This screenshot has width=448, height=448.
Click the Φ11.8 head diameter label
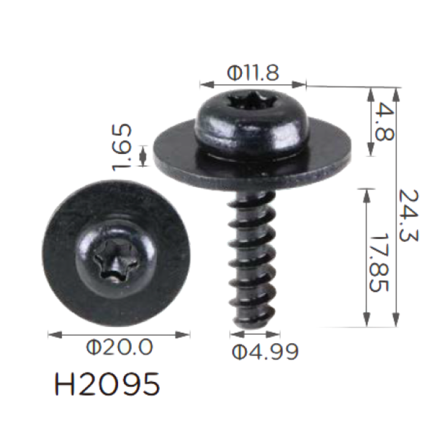tap(253, 73)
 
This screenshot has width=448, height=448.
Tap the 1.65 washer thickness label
tap(122, 147)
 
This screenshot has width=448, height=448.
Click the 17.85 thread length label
tap(379, 263)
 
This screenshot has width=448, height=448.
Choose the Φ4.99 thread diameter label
tap(265, 352)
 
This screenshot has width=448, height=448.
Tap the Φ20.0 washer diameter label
tap(119, 347)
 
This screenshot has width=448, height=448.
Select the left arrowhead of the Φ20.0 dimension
tap(55, 334)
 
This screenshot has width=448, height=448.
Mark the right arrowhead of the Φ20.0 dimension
tap(183, 334)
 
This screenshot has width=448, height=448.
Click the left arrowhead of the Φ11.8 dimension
tap(207, 85)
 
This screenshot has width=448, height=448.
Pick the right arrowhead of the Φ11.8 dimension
tap(299, 85)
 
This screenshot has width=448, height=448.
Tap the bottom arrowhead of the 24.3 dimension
tap(396, 319)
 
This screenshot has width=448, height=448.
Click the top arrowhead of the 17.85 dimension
tap(367, 196)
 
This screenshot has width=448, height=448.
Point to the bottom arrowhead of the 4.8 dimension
tap(371, 149)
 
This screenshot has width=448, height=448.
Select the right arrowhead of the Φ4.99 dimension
tap(273, 334)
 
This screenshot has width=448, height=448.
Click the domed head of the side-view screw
tap(253, 122)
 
